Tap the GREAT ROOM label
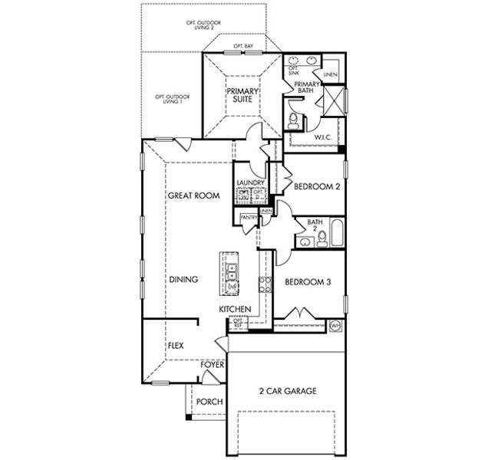[x=193, y=195]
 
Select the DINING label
[x=183, y=280]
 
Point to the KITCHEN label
[x=235, y=308]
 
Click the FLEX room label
[x=176, y=346]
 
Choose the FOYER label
[x=212, y=365]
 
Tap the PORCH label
[x=209, y=402]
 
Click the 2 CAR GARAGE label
[x=288, y=390]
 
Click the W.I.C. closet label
[x=322, y=137]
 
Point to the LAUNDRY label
[x=250, y=182]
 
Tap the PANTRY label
[x=249, y=218]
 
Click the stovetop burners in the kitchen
[x=264, y=284]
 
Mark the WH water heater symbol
[x=335, y=326]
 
